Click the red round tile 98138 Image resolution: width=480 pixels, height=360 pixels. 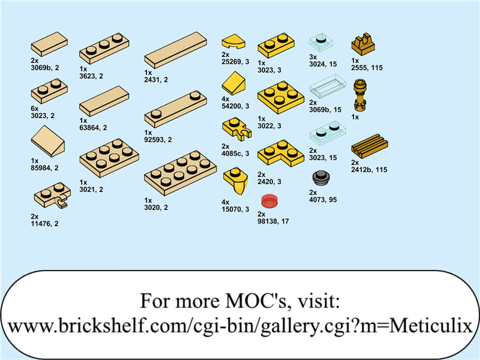point(269,202)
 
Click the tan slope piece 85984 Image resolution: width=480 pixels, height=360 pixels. point(49,142)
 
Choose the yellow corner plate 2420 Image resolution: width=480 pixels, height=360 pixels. point(280,153)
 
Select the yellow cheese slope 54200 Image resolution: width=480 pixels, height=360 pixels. point(235,84)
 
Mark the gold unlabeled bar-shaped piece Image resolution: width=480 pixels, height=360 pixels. point(360,96)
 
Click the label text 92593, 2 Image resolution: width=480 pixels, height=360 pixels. point(158,139)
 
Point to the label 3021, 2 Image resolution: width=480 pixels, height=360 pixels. point(91,189)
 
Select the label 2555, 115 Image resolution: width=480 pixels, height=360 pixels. point(367,68)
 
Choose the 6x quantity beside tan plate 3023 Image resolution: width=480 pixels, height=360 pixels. point(35,108)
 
